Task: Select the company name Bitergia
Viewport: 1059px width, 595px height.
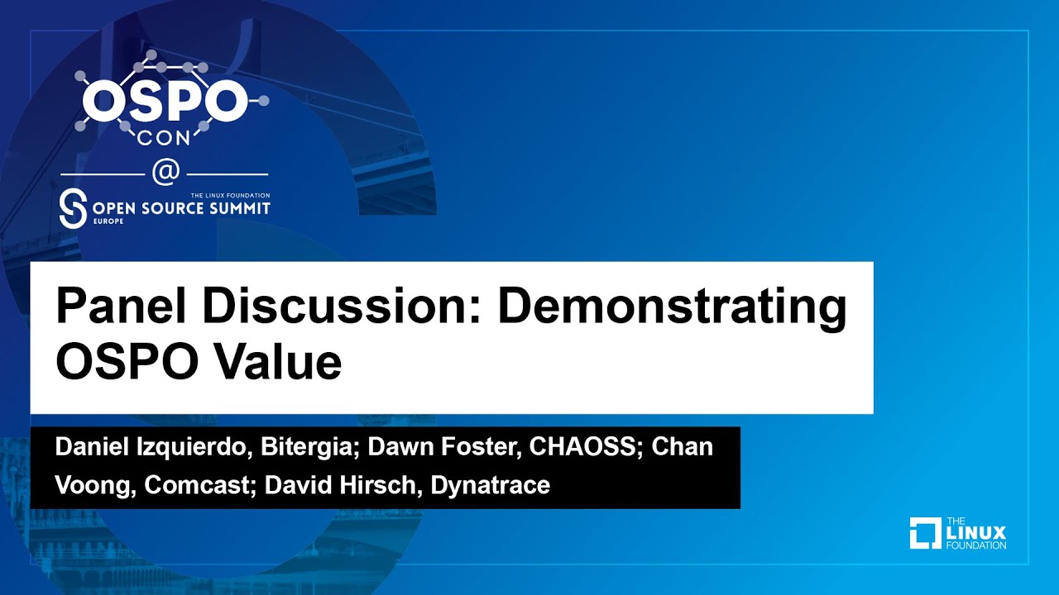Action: click(x=309, y=447)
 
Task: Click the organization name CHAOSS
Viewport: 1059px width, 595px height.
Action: click(x=585, y=447)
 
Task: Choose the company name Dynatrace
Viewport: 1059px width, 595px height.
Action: click(x=490, y=485)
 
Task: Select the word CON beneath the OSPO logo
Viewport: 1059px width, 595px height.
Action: click(x=165, y=138)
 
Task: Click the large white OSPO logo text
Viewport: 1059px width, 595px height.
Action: click(x=165, y=100)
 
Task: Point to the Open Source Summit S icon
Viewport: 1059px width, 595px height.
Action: click(x=74, y=210)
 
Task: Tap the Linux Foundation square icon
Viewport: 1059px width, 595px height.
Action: click(x=925, y=533)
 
